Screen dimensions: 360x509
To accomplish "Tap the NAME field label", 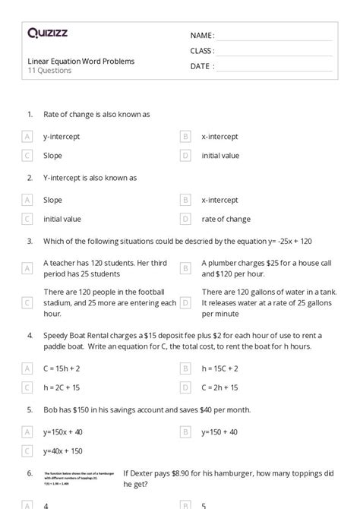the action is [202, 36].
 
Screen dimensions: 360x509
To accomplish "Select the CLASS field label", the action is [202, 51].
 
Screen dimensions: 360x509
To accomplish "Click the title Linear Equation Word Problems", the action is [81, 61].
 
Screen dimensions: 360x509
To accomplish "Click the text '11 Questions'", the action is [49, 71].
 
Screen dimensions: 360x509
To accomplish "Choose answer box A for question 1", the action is [27, 137].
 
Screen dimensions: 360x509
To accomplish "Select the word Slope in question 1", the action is [52, 156].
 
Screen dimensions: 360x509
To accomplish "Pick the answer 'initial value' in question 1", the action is [220, 156].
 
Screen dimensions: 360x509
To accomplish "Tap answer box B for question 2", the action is [185, 201].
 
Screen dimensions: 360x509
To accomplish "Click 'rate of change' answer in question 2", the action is [226, 220].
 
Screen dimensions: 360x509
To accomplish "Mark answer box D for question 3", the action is [185, 302].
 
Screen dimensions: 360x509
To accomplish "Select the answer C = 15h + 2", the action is [66, 368].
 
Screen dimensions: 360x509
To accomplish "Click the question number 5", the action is [30, 409].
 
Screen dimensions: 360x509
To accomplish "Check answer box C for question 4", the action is [27, 387].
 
